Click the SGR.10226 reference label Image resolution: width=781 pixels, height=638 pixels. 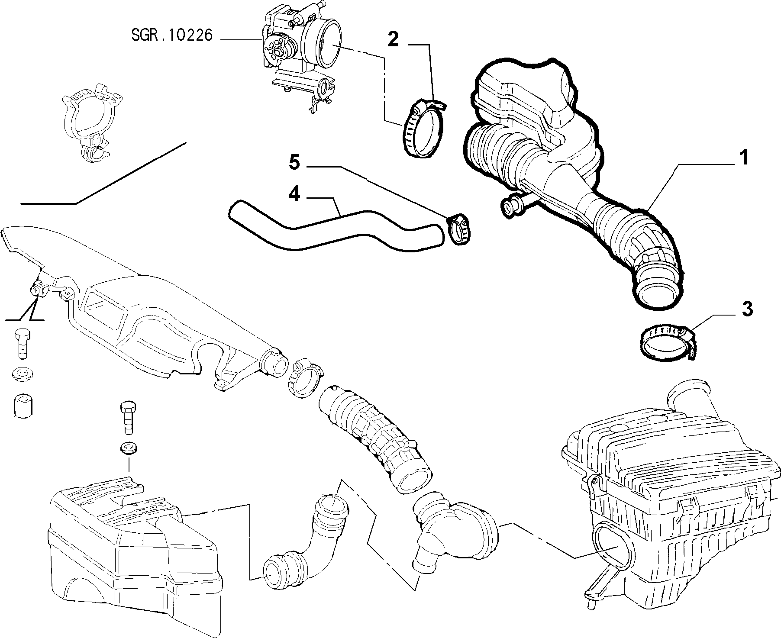pyautogui.click(x=172, y=35)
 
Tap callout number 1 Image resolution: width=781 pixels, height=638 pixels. pyautogui.click(x=743, y=158)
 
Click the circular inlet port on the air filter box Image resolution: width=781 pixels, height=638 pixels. pyautogui.click(x=613, y=546)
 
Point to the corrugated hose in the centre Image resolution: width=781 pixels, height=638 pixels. pyautogui.click(x=374, y=437)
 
